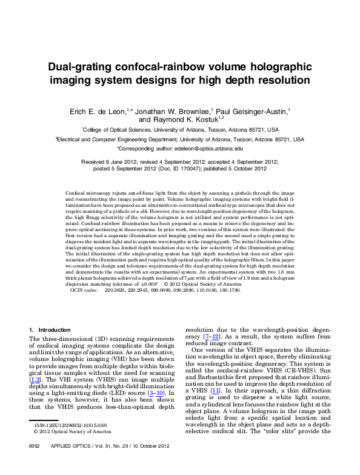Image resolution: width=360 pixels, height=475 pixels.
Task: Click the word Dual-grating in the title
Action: click(82, 67)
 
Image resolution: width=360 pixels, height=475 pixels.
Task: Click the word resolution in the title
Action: click(284, 80)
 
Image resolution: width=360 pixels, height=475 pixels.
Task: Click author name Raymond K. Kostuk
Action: click(187, 120)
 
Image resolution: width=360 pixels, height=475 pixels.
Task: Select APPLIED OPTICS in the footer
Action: click(64, 463)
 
